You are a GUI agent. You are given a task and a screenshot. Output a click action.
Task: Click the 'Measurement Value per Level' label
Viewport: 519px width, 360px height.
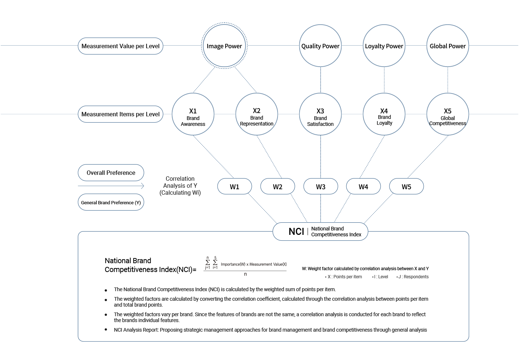pos(120,46)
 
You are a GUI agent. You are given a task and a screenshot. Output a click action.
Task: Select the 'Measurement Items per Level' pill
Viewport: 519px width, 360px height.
pos(120,114)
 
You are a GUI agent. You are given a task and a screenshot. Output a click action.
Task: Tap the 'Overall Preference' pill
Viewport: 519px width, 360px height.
pos(111,173)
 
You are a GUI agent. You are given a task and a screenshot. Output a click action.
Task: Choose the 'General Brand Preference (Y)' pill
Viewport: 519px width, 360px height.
pos(111,202)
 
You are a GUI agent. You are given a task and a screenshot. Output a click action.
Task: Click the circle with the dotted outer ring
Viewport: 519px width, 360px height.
pos(224,46)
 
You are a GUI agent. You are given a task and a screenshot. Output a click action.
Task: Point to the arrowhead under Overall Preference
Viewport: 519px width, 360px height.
pos(142,186)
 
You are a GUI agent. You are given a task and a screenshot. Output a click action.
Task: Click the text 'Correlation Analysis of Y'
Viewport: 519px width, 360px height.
pos(180,182)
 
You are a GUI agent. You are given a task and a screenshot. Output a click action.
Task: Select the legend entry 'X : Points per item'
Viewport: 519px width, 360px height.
pos(344,277)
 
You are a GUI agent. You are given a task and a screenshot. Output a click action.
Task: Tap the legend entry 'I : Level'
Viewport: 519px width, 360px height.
pos(381,277)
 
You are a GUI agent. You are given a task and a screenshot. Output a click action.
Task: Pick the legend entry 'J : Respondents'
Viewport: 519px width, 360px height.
pos(413,277)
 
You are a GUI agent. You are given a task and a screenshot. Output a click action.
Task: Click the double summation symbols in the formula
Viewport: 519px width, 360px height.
pos(211,263)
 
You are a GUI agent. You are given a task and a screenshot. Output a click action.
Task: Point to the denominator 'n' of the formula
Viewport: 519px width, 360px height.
pos(245,274)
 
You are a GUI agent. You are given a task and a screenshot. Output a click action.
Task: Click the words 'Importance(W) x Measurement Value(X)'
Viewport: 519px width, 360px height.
pos(254,264)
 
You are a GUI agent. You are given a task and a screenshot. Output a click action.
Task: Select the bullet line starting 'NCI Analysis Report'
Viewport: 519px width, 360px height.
pos(270,330)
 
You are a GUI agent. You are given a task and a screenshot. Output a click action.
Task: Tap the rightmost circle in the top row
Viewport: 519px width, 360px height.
pos(448,46)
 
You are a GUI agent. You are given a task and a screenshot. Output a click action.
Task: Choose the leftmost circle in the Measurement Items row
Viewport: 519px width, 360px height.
pos(193,114)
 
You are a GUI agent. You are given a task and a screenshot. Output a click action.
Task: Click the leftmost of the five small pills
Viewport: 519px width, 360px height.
pos(234,186)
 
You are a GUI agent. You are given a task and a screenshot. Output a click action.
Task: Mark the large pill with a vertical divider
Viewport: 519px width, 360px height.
pos(320,232)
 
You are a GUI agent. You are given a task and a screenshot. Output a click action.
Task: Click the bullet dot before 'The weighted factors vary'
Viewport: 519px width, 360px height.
pos(106,315)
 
